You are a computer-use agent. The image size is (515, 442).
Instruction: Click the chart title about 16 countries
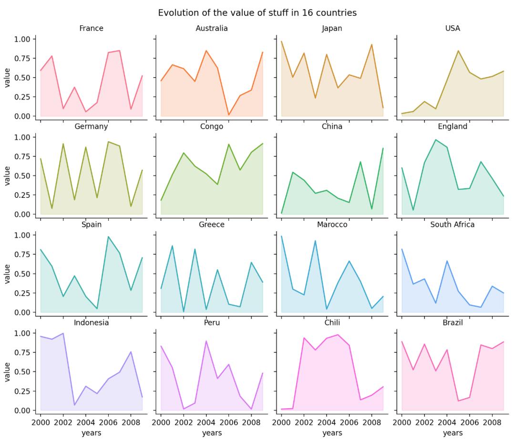tap(257, 13)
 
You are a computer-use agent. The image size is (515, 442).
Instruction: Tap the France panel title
tap(91, 29)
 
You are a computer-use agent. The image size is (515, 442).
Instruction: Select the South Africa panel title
tap(452, 224)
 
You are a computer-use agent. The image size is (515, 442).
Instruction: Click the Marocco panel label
tap(332, 224)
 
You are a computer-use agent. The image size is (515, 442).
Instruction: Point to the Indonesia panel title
tap(91, 323)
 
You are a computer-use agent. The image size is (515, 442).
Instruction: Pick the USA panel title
tap(452, 29)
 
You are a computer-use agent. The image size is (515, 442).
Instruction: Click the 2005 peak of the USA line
tap(458, 51)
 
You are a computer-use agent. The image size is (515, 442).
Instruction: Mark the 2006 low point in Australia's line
tap(229, 115)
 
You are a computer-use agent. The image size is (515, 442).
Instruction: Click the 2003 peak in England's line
tap(435, 140)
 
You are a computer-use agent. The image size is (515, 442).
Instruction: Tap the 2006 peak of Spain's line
tap(108, 236)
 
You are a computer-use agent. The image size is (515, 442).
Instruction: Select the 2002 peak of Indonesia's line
tap(63, 333)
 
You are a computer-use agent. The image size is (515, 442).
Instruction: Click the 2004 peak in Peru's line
tap(206, 341)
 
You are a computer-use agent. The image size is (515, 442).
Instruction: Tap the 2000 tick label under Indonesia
tap(41, 422)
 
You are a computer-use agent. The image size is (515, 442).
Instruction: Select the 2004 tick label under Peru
tap(206, 422)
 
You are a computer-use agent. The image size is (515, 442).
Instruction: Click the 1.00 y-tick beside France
tap(22, 39)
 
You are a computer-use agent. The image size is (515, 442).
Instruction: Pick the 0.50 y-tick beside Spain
tap(22, 274)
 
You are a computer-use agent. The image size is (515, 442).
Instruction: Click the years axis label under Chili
tap(332, 433)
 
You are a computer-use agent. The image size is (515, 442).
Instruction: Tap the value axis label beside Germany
tap(7, 175)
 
